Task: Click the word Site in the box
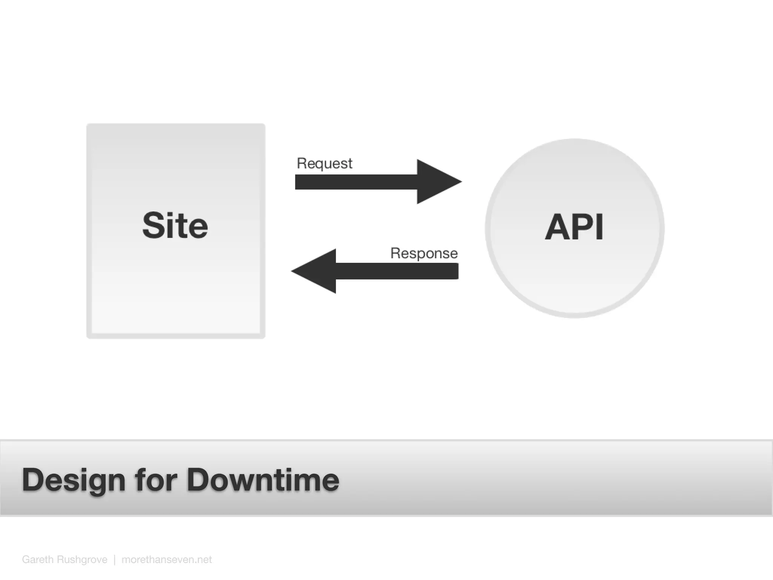[175, 225]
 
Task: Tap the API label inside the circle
[574, 227]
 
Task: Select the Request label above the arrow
[325, 164]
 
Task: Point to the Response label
[424, 253]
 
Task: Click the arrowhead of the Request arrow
[438, 182]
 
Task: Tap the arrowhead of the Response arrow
[315, 271]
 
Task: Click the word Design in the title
[74, 480]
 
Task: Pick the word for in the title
[156, 480]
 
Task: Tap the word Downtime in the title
[263, 480]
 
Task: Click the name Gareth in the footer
[37, 560]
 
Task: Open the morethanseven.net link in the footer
[166, 560]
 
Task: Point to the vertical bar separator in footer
[114, 560]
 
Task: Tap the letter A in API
[556, 227]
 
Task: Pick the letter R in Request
[302, 163]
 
